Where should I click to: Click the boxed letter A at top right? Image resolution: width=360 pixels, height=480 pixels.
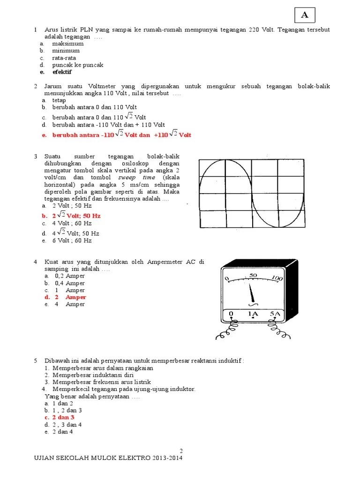(x=305, y=15)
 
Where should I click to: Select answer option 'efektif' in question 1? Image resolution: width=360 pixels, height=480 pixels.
(x=62, y=72)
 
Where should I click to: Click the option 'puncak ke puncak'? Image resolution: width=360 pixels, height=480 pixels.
(x=77, y=65)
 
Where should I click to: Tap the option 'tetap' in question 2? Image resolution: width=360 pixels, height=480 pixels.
(x=59, y=100)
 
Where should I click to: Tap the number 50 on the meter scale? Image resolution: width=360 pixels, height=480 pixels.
(x=253, y=275)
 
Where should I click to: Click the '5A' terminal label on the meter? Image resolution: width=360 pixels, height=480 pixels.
(x=275, y=314)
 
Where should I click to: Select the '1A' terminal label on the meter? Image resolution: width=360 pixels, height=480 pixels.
(x=253, y=314)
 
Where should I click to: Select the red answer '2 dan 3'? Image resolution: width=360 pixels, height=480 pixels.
(x=63, y=417)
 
